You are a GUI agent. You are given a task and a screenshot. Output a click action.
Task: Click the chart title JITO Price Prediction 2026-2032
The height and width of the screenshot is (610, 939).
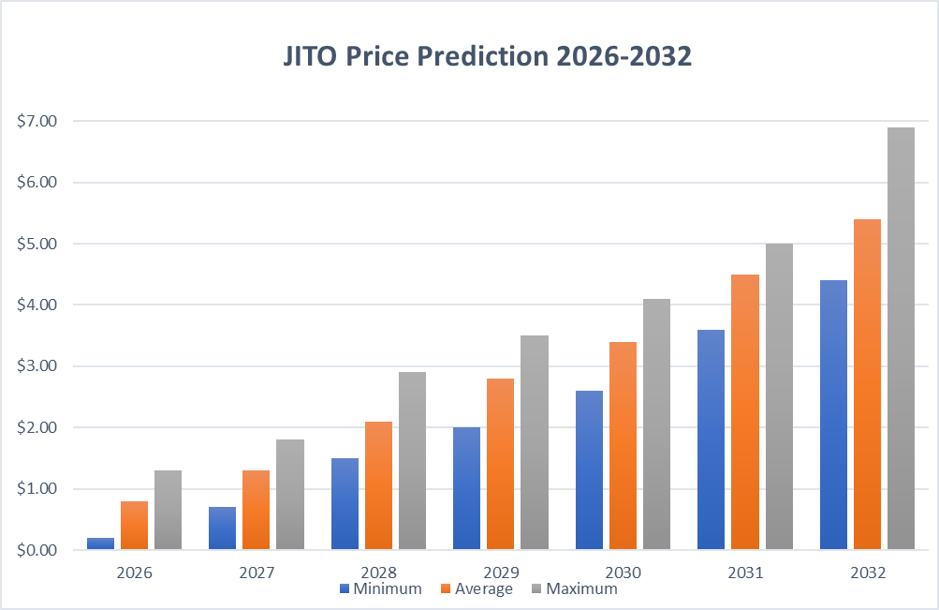click(487, 57)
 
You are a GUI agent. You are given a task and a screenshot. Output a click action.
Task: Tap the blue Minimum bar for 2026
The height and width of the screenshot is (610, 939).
click(101, 543)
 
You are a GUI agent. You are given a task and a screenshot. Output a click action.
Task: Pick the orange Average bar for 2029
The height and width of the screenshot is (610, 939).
click(500, 464)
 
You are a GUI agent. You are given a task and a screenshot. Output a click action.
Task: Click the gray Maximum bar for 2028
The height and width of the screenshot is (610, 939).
click(412, 460)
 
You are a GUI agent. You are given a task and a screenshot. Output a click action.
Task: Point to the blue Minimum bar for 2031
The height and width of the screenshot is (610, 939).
click(711, 439)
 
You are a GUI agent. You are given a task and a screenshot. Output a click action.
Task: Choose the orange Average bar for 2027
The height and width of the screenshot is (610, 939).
click(256, 510)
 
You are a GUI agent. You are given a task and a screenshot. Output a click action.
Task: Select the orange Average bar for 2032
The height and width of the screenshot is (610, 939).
click(867, 384)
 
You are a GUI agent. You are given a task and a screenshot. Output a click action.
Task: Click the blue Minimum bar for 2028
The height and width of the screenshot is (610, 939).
click(345, 503)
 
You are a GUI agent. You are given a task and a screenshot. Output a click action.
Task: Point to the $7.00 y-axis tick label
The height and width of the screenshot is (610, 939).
click(37, 121)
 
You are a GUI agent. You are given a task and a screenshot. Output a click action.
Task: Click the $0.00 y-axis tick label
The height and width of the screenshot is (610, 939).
click(37, 550)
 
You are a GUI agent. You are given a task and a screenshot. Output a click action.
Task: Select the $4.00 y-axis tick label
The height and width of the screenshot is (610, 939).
click(37, 305)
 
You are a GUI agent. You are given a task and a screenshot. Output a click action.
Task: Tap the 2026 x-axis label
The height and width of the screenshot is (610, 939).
click(133, 572)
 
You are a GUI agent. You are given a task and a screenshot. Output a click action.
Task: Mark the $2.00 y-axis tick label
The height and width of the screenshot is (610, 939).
click(37, 427)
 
